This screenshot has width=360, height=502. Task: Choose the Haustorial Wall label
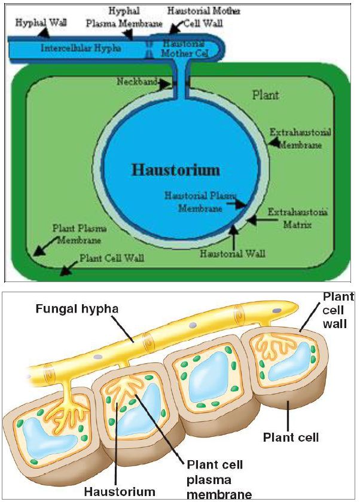(233, 253)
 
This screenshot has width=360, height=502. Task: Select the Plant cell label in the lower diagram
(291, 437)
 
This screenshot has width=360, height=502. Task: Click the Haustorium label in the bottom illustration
(120, 492)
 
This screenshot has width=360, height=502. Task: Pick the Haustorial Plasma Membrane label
(201, 202)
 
